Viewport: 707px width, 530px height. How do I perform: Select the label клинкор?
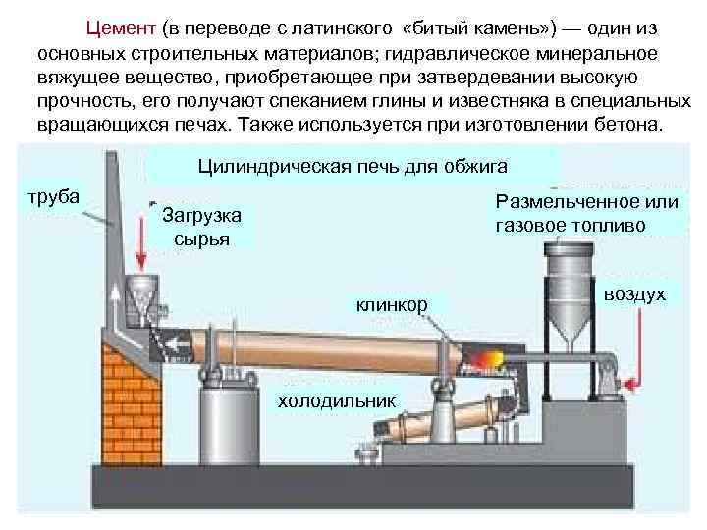(x=392, y=305)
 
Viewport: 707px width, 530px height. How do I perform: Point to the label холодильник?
(x=337, y=400)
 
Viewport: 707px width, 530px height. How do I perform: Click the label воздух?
(x=634, y=293)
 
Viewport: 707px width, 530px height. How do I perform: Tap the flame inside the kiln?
(x=484, y=361)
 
